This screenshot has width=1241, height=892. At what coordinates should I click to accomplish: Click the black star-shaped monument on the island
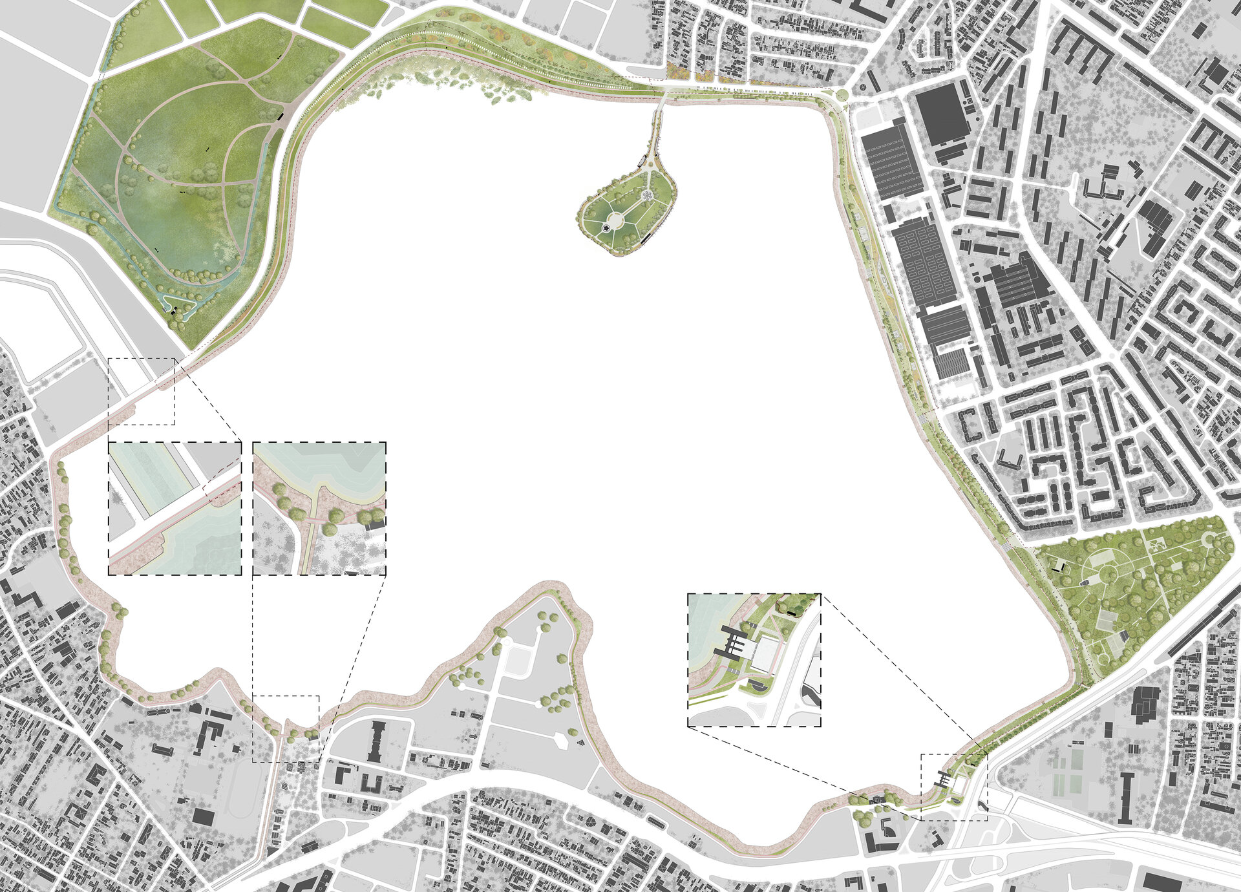pos(606,228)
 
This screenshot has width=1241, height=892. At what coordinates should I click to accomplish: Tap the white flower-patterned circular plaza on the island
pos(646,195)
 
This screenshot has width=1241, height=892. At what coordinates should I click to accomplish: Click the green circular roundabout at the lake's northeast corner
pos(842,96)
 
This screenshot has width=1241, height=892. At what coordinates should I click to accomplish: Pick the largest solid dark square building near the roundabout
pos(941,116)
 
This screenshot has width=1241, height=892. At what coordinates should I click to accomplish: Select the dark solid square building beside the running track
pos(203,816)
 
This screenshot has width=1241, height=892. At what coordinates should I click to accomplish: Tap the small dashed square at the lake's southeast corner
pos(954,787)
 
